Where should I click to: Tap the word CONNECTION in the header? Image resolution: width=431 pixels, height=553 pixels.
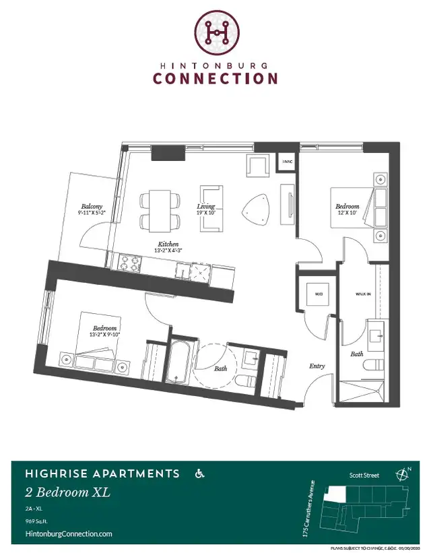point(215,78)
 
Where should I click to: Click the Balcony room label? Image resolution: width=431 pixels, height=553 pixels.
point(92,206)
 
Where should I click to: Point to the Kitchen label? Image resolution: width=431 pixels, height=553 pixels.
point(168,243)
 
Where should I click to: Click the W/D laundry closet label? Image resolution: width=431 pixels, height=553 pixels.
point(317,293)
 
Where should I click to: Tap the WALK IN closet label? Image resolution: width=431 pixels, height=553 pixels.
point(364,294)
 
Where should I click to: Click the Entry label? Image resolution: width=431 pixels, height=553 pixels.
point(317,366)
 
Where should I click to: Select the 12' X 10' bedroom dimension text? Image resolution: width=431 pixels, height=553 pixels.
point(348,213)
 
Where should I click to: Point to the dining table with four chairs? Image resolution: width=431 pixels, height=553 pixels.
point(160,210)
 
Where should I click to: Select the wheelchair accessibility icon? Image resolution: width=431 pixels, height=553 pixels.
point(199,474)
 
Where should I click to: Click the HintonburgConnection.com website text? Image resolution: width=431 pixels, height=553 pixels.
point(68,533)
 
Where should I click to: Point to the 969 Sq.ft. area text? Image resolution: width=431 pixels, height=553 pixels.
point(38,521)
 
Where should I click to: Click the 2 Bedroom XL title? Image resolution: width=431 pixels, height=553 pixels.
point(67,492)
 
